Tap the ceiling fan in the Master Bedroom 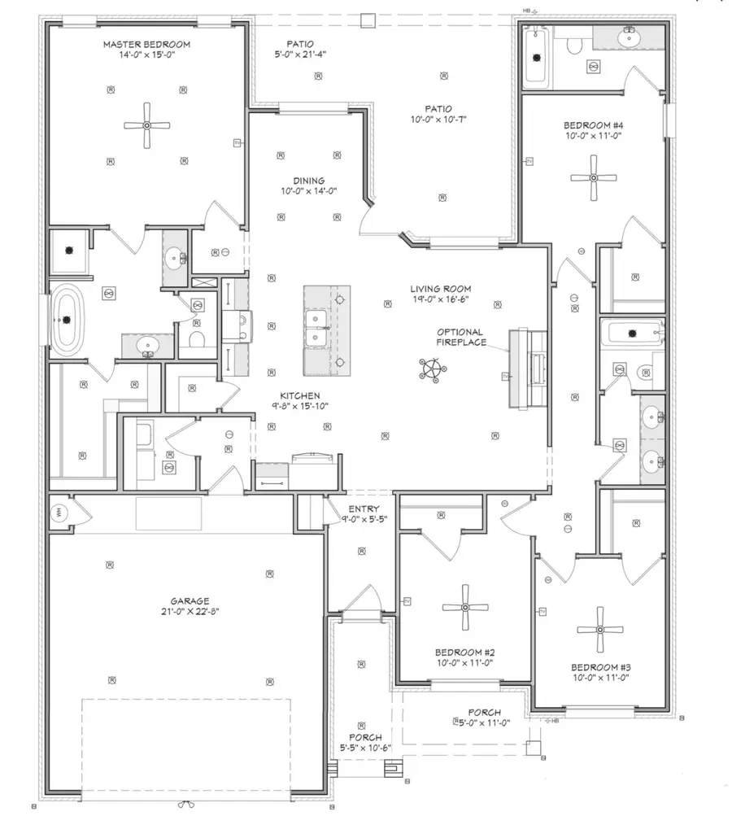(x=147, y=125)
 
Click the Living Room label (x=440, y=289)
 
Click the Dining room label (x=309, y=181)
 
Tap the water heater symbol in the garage (x=59, y=513)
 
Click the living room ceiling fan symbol (x=432, y=372)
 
